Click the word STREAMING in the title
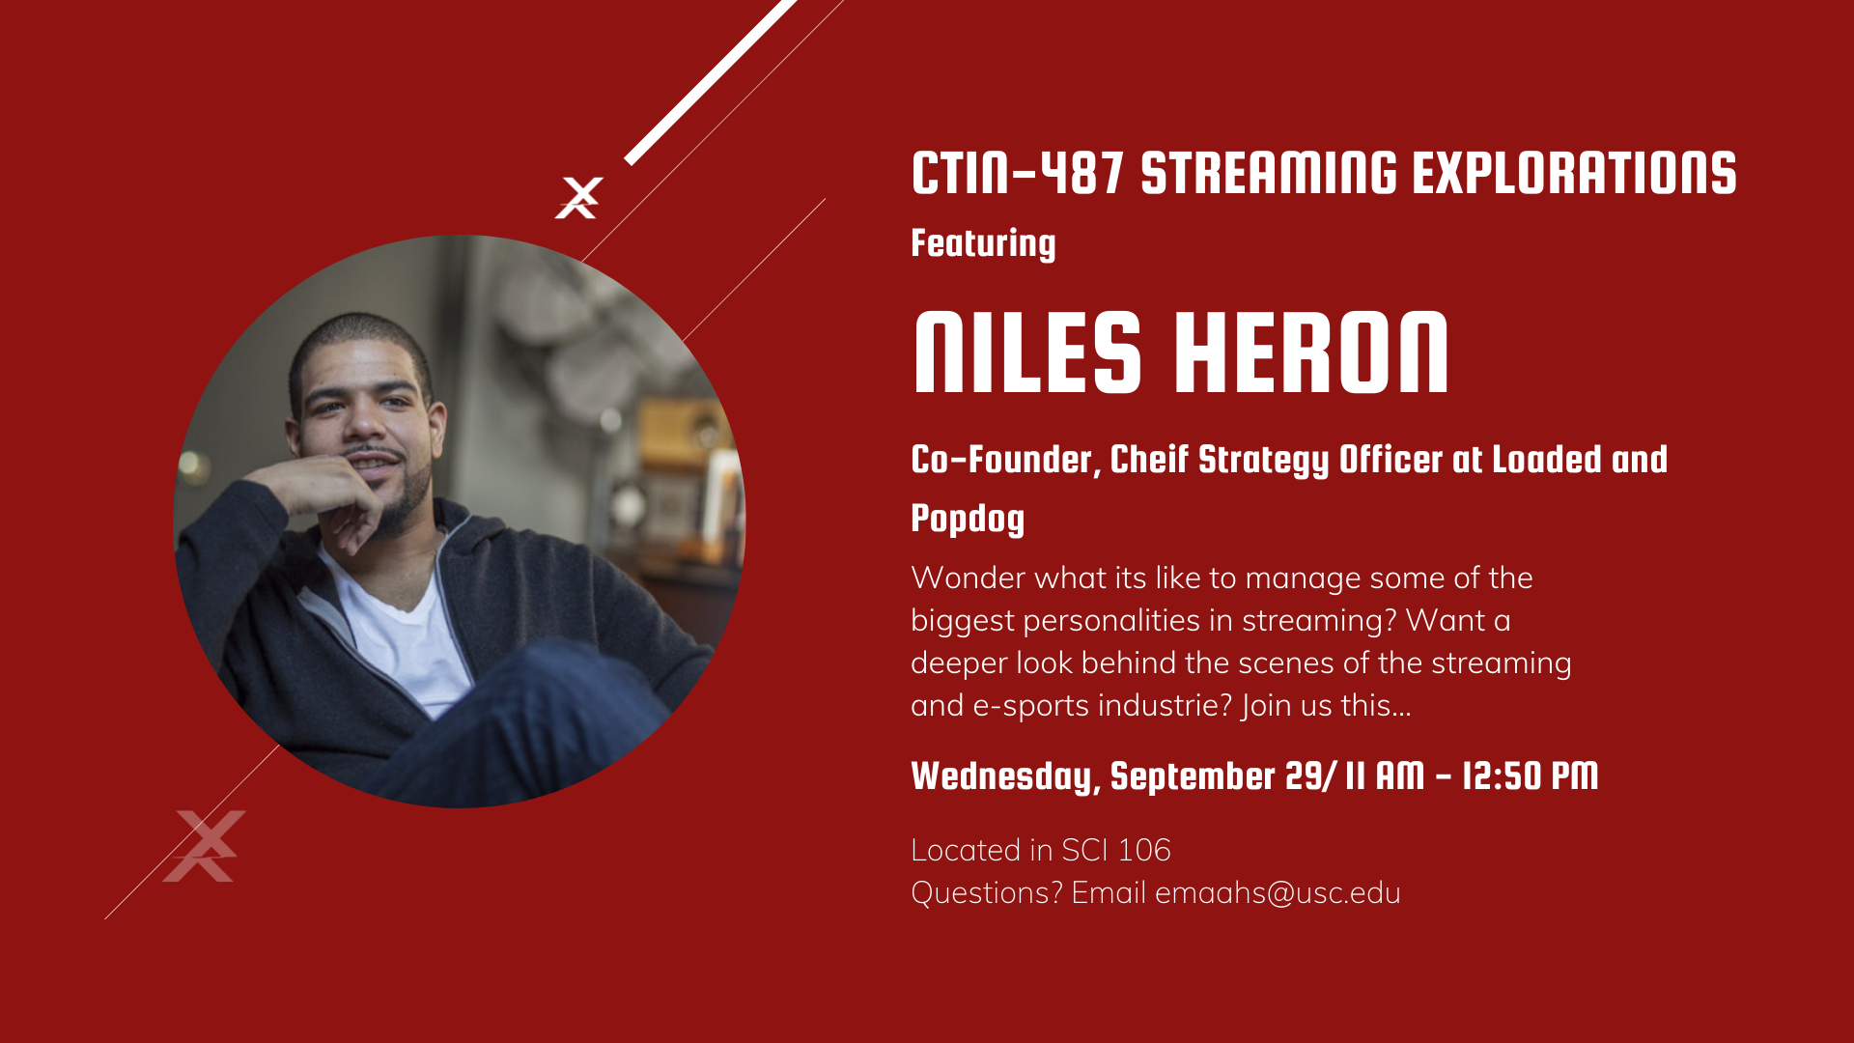[x=1269, y=174]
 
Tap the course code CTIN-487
[x=1018, y=174]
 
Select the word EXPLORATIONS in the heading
[x=1574, y=174]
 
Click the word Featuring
[x=983, y=243]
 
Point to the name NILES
[x=1027, y=352]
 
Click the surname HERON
[x=1312, y=352]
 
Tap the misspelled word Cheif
[x=1148, y=460]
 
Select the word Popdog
[x=968, y=519]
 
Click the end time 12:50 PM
[x=1531, y=775]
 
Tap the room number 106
[x=1143, y=850]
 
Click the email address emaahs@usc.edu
[x=1278, y=892]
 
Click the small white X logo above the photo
[x=579, y=198]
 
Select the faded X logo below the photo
[x=205, y=846]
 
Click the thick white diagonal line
[x=711, y=82]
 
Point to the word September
[x=1194, y=776]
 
